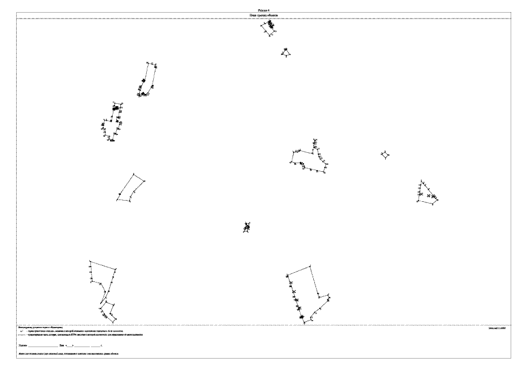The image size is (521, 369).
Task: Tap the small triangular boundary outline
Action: pyautogui.click(x=286, y=52)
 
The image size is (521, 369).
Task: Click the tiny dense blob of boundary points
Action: pyautogui.click(x=246, y=227)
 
